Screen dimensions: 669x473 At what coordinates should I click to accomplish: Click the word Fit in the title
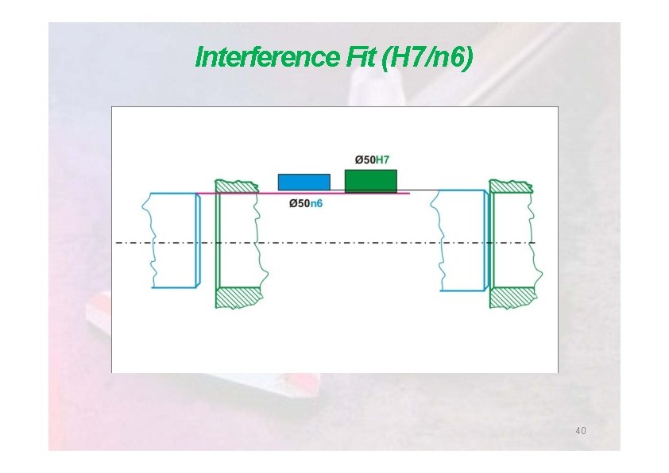(361, 58)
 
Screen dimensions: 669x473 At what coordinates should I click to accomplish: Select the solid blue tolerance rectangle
(304, 182)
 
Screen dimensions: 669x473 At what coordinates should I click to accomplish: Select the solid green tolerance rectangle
(370, 180)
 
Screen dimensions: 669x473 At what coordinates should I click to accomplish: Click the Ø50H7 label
(371, 160)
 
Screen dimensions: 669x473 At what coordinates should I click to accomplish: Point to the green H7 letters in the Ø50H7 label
(382, 160)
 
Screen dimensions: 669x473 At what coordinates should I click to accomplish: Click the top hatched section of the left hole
(237, 186)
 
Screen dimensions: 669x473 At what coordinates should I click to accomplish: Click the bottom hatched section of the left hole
(239, 297)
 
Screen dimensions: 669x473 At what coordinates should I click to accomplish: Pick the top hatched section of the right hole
(511, 186)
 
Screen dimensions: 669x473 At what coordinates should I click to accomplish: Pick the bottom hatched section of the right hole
(512, 297)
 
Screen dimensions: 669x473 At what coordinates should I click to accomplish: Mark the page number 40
(580, 431)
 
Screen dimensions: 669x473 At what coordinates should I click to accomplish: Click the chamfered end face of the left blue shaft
(198, 240)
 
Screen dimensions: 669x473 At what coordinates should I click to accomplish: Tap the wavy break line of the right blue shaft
(435, 240)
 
